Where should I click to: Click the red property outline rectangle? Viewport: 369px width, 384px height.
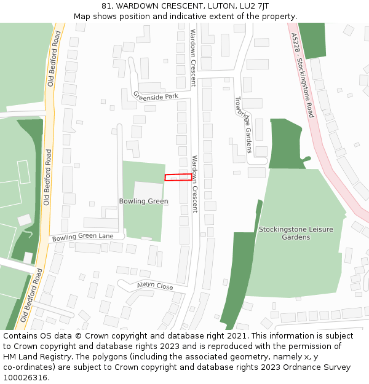(178, 177)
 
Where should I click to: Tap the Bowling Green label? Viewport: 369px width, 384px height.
(143, 202)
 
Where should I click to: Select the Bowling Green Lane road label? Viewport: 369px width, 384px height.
(83, 237)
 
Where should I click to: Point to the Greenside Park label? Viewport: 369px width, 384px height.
(155, 96)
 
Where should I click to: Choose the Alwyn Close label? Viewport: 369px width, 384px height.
(155, 286)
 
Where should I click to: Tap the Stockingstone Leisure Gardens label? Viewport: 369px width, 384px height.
(296, 233)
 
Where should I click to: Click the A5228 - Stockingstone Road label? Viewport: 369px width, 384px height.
(303, 74)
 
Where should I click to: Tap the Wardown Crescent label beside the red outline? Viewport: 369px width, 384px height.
(195, 184)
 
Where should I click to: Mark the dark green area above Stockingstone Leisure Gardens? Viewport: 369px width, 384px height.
(285, 143)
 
